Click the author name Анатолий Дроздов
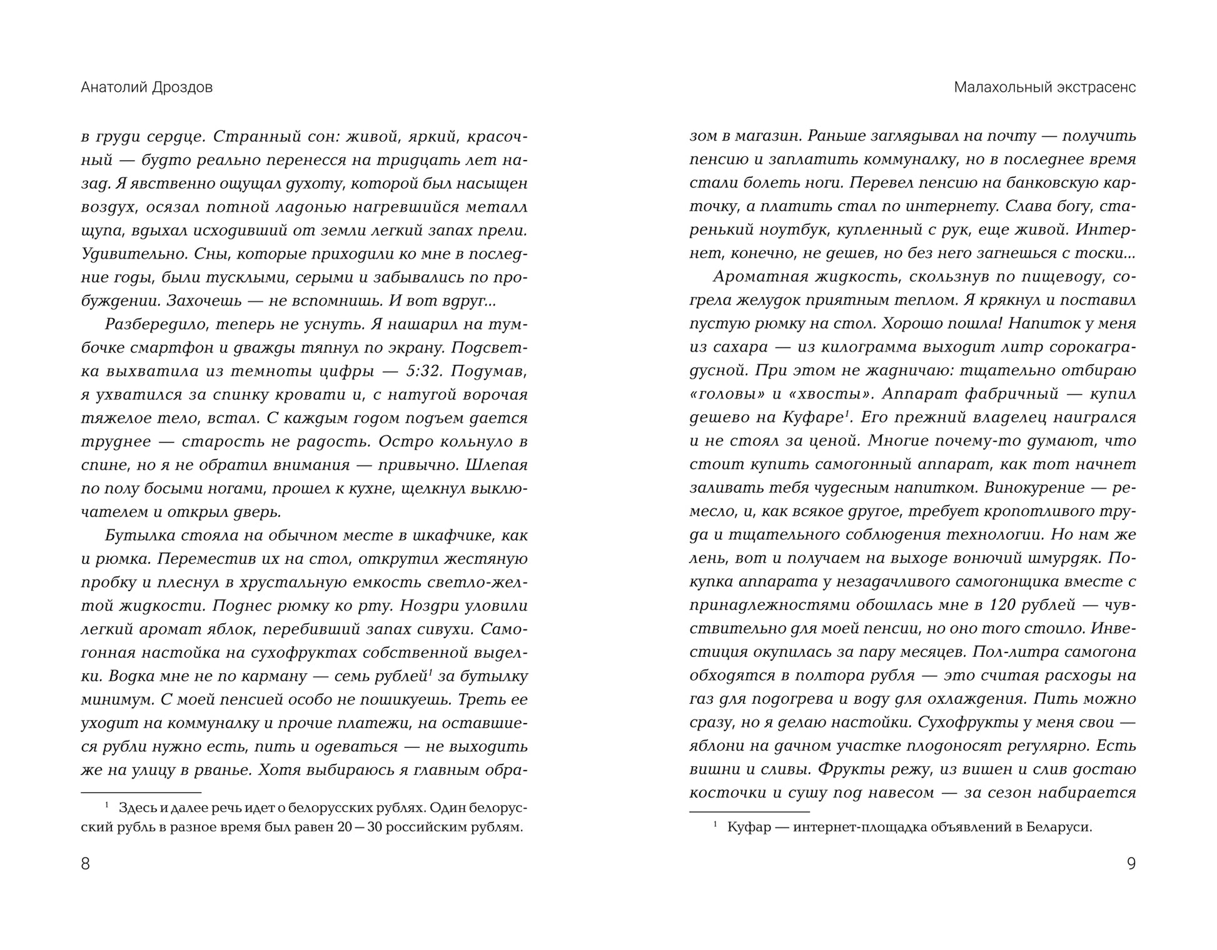click(x=146, y=87)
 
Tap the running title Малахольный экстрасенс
click(x=1044, y=87)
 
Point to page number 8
click(x=86, y=864)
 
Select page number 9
click(x=1131, y=864)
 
